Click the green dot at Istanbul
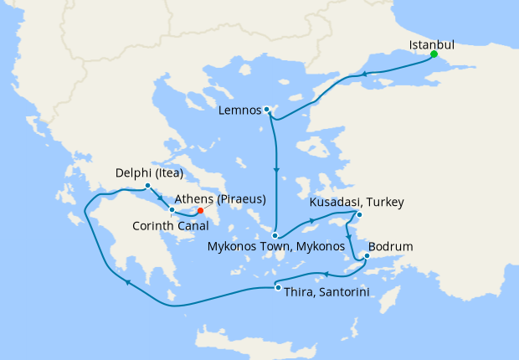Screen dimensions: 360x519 [x=434, y=54]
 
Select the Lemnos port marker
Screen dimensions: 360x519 [x=267, y=110]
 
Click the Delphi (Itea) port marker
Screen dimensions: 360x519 [x=147, y=186]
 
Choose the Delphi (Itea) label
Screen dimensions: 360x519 [x=148, y=175]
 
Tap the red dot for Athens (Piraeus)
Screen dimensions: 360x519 [x=199, y=211]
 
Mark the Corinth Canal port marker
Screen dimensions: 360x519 [x=172, y=209]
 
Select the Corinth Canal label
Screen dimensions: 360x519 [x=170, y=224]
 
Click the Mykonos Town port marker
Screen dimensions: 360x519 [x=275, y=235]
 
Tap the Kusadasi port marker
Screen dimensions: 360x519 [x=358, y=215]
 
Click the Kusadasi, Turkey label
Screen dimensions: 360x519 [x=357, y=203]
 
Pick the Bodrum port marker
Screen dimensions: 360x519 [x=367, y=256]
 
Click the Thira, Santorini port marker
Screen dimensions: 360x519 [x=278, y=288]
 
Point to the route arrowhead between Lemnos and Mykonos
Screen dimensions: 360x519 [x=275, y=171]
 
